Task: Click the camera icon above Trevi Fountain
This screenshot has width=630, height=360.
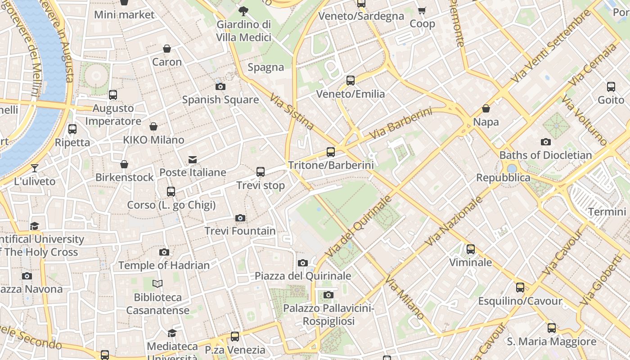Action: (x=240, y=218)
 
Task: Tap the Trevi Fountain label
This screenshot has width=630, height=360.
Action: (x=240, y=231)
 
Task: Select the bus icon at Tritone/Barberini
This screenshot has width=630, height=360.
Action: (x=331, y=152)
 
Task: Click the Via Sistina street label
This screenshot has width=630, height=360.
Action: (x=292, y=111)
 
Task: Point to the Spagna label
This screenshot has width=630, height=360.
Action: (x=266, y=67)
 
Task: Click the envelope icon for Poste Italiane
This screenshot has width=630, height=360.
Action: (x=193, y=160)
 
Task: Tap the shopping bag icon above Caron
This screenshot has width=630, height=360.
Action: (x=167, y=49)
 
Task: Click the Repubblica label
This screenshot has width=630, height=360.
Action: (x=503, y=178)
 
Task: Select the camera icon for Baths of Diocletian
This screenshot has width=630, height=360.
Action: (x=546, y=142)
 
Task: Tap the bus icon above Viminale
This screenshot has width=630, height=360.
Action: (x=471, y=249)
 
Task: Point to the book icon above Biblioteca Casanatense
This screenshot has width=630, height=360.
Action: (x=157, y=283)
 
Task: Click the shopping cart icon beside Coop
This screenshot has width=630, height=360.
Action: (x=422, y=10)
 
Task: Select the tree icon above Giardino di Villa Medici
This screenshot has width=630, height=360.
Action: (x=243, y=11)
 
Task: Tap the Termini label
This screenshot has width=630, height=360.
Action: (x=607, y=211)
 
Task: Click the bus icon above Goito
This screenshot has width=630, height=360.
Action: (x=611, y=86)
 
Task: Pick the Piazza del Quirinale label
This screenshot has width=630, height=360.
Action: (x=303, y=276)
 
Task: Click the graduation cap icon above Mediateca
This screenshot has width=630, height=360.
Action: (x=172, y=333)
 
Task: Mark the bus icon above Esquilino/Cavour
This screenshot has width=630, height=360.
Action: (x=520, y=287)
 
